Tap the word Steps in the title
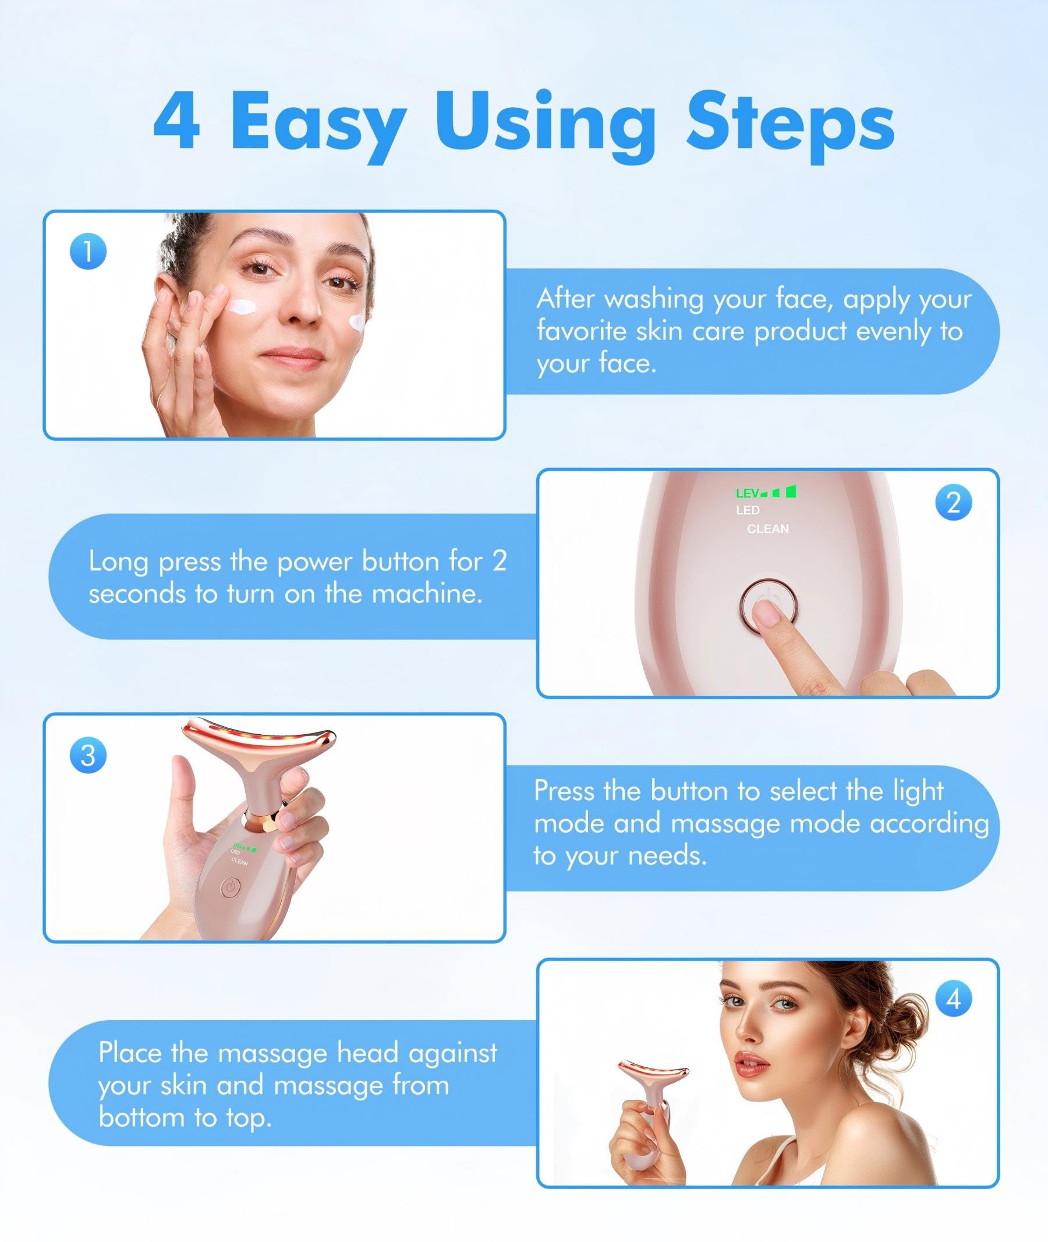(790, 122)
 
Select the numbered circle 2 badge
(954, 503)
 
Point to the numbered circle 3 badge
(88, 755)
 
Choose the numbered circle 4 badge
(954, 999)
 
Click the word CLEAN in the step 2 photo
(767, 529)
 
